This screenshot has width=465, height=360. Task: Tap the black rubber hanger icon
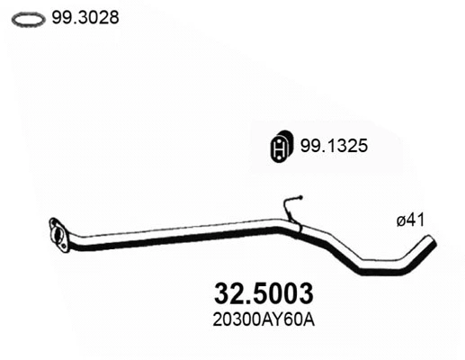tap(282, 147)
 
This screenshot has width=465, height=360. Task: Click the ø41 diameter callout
tap(411, 220)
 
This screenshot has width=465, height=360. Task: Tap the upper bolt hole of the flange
tap(53, 223)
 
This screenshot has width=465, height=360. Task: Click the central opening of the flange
tap(59, 233)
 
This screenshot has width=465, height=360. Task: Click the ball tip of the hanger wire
tap(301, 197)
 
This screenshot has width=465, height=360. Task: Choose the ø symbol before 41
tap(400, 220)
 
